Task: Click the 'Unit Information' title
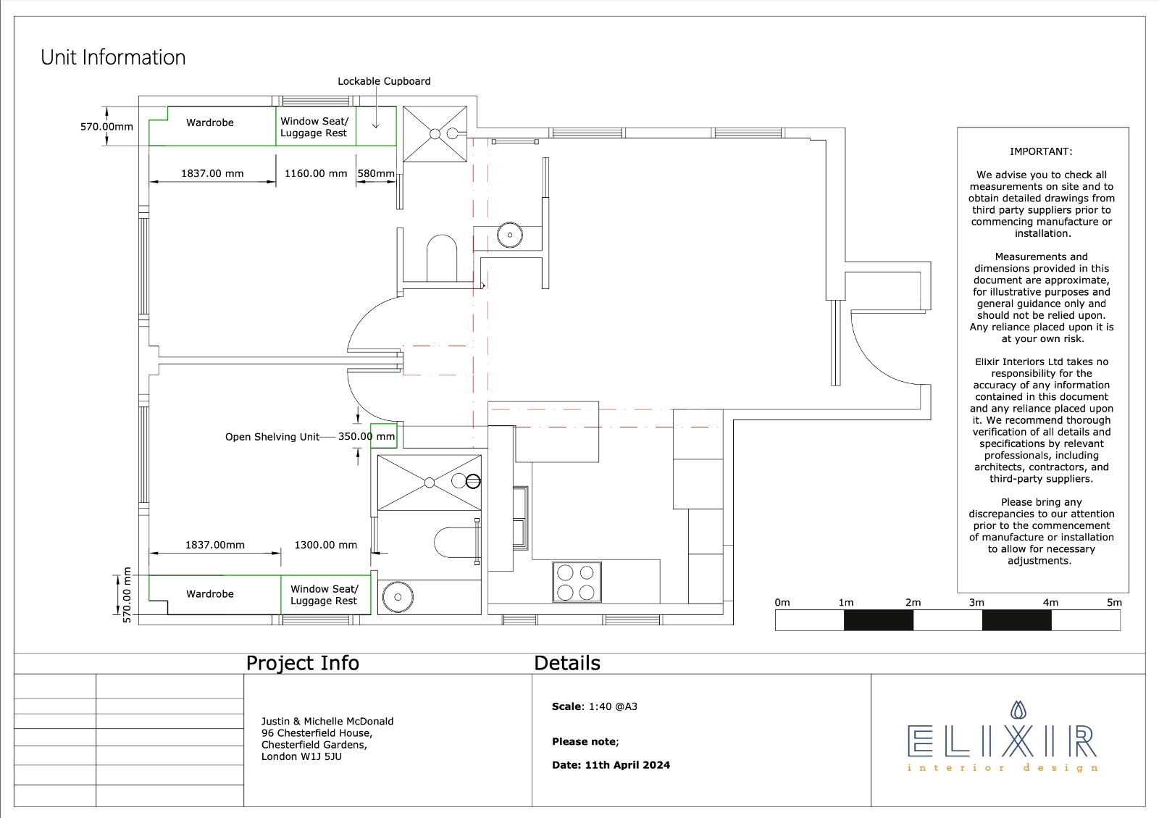(x=113, y=57)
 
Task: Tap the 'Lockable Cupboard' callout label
(x=384, y=81)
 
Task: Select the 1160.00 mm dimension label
(x=316, y=173)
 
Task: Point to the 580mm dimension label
(x=376, y=173)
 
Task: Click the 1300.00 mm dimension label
(x=325, y=545)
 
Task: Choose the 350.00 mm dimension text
(x=367, y=436)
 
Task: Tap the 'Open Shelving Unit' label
(x=272, y=437)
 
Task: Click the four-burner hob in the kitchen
(x=577, y=582)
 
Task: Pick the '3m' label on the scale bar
(x=976, y=602)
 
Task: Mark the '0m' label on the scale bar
(x=782, y=602)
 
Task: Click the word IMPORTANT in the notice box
(x=1041, y=151)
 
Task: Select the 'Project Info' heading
(x=302, y=663)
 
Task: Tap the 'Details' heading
(x=567, y=663)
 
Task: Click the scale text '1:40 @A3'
(x=613, y=706)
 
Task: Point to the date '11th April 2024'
(x=627, y=765)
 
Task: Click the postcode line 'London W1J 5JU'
(x=301, y=756)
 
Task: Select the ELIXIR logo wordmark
(x=1003, y=741)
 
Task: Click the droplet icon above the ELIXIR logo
(x=1018, y=710)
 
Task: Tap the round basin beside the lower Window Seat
(x=398, y=597)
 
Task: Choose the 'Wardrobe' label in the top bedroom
(x=210, y=122)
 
